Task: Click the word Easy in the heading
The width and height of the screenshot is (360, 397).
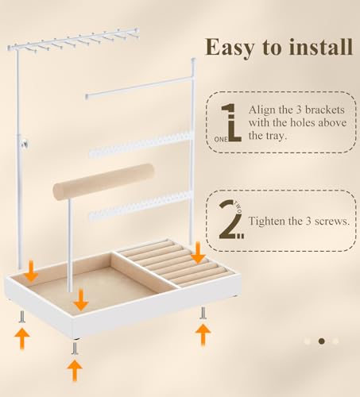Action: [x=230, y=48]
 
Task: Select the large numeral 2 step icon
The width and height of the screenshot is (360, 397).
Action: [x=230, y=220]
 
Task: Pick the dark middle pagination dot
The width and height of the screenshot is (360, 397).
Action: [x=322, y=341]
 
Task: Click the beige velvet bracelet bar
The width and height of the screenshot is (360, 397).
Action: [x=103, y=182]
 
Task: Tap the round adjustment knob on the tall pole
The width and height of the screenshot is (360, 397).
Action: [x=25, y=145]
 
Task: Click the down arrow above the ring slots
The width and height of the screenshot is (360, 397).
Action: [x=198, y=252]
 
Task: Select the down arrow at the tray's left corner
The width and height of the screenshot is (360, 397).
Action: [x=32, y=271]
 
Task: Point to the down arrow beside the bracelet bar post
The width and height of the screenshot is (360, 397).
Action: [x=81, y=300]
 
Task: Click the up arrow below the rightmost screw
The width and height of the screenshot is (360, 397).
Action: [x=203, y=334]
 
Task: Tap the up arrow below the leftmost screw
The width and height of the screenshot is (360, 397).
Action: [x=22, y=338]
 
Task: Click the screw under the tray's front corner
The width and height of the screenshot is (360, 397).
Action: [x=75, y=349]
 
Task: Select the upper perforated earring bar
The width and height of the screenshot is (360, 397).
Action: [x=141, y=145]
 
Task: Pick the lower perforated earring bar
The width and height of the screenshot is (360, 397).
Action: [x=141, y=206]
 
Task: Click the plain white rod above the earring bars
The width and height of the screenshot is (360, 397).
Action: [x=139, y=88]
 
